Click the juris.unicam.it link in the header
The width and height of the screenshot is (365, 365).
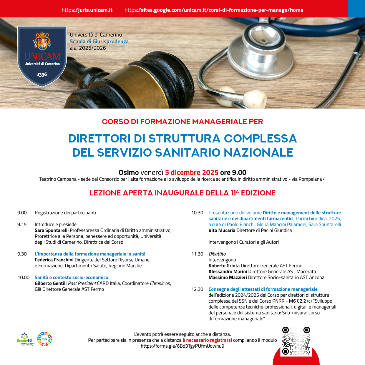click(x=87, y=10)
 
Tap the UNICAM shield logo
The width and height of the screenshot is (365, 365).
click(x=42, y=56)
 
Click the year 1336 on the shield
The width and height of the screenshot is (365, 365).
click(x=42, y=74)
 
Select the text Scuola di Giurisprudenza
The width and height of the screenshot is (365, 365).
click(x=99, y=42)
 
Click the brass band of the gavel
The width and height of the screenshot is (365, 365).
click(x=153, y=85)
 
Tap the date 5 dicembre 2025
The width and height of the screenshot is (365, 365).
click(x=192, y=172)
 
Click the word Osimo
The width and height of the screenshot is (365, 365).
click(x=129, y=172)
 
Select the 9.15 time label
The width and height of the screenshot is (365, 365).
click(x=22, y=225)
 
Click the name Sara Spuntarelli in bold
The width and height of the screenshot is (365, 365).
click(x=52, y=230)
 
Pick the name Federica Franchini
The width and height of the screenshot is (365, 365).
click(x=54, y=260)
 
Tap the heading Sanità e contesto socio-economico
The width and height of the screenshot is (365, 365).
click(x=72, y=278)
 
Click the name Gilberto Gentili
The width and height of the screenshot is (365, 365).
click(x=51, y=283)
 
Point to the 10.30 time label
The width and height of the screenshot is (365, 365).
click(x=197, y=213)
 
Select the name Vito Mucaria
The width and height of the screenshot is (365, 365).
click(x=222, y=230)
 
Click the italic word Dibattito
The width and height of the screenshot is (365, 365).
click(x=217, y=254)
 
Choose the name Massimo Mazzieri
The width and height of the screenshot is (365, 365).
click(x=228, y=278)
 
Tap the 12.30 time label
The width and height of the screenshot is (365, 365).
click(x=197, y=289)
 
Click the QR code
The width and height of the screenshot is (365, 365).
click(x=296, y=341)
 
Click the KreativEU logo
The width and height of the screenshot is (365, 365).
click(x=26, y=339)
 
